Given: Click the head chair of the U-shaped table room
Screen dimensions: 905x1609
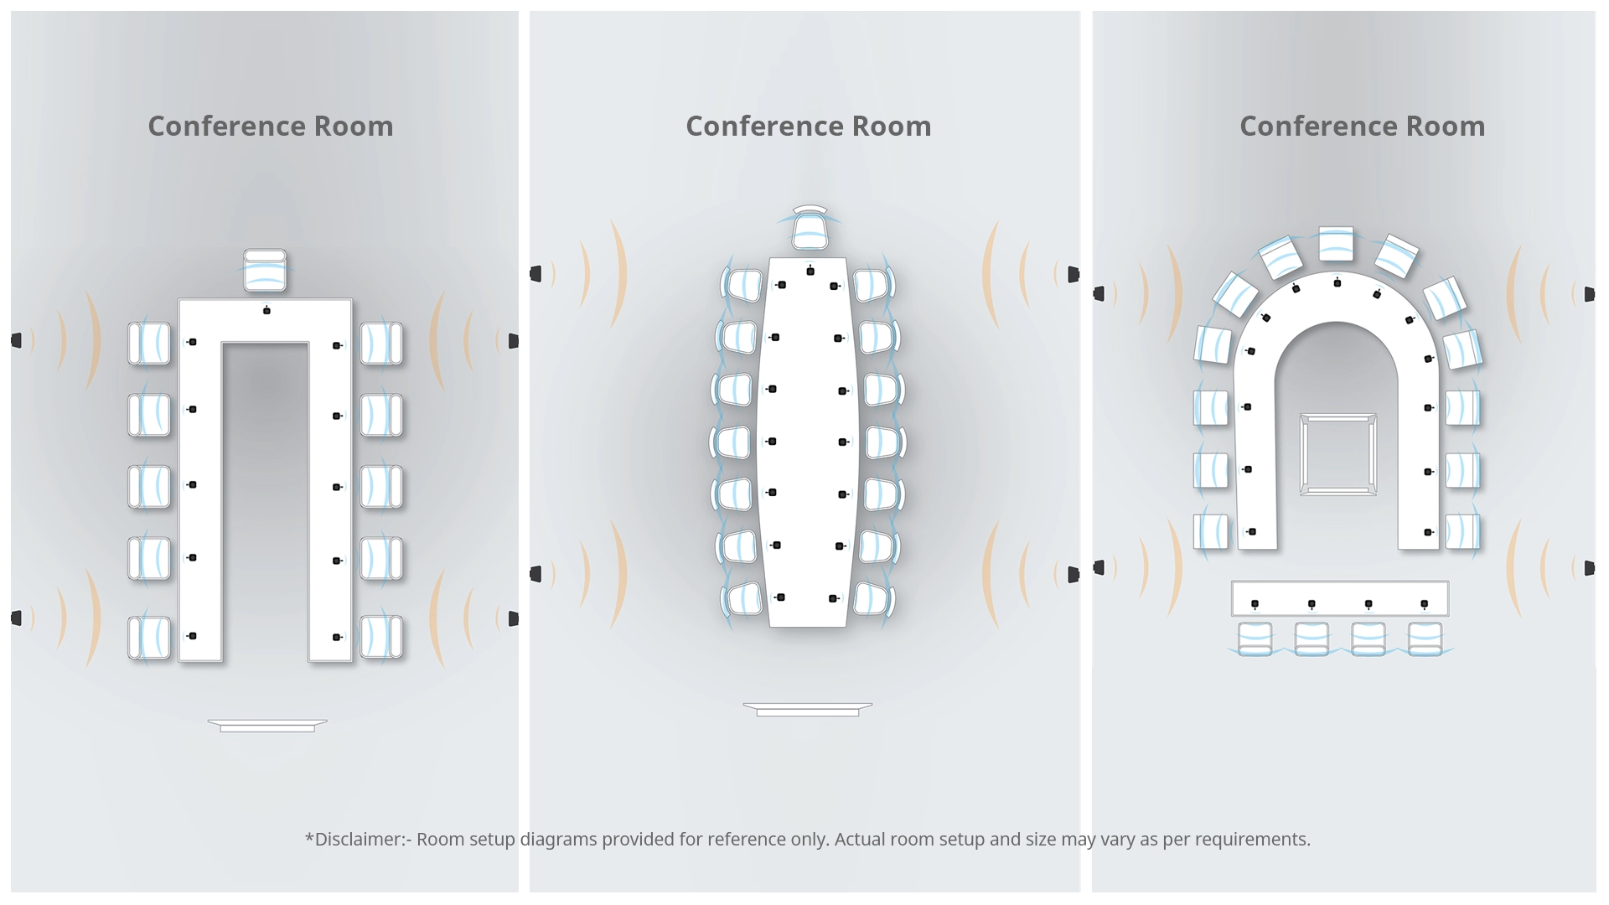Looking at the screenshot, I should [265, 270].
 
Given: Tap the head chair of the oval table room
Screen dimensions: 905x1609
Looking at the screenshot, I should [810, 229].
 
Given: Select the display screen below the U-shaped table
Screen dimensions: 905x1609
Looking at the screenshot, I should [267, 725].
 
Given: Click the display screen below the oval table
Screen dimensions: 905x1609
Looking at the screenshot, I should [808, 709].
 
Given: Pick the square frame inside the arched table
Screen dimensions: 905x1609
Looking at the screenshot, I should [1337, 453].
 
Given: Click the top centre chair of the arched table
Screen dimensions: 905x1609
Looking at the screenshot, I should [1336, 243].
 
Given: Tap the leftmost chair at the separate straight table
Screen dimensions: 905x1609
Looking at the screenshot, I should [1255, 638].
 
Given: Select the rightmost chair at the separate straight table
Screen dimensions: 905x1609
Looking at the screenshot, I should [1425, 638].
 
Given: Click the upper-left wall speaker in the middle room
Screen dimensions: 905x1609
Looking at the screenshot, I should [536, 273].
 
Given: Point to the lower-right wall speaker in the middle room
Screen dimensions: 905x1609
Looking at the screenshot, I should [1074, 574].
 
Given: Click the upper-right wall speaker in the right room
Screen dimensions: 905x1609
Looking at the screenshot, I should [1589, 293].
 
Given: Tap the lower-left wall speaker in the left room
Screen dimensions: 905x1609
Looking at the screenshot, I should [16, 618].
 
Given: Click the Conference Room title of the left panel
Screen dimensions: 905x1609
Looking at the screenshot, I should [270, 126].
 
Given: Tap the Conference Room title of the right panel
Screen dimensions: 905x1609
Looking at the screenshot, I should [1362, 126].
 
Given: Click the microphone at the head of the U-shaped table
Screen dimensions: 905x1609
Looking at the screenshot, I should [266, 311].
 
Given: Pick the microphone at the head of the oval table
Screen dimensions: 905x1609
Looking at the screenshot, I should [810, 271].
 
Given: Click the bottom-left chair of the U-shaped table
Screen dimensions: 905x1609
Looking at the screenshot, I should [149, 637].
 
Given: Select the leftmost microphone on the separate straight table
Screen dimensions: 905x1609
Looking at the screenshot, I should [1255, 604].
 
